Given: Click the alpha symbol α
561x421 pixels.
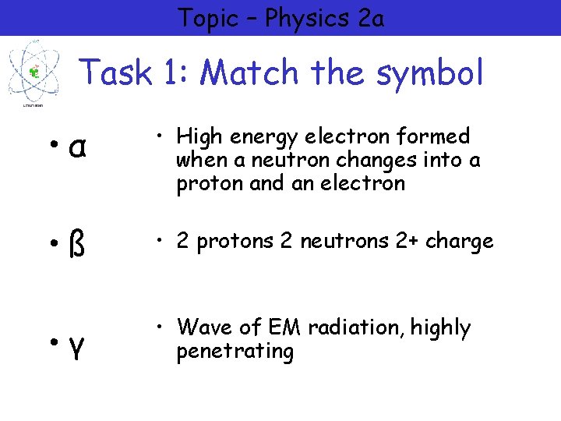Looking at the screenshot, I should point(76,148).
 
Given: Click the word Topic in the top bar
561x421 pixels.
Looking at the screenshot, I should point(206,18).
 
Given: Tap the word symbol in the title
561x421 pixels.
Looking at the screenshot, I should point(430,73).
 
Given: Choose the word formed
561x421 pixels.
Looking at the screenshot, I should point(432,136).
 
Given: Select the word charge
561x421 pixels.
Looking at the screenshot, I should point(460,242).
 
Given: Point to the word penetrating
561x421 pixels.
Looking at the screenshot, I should point(235,352).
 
